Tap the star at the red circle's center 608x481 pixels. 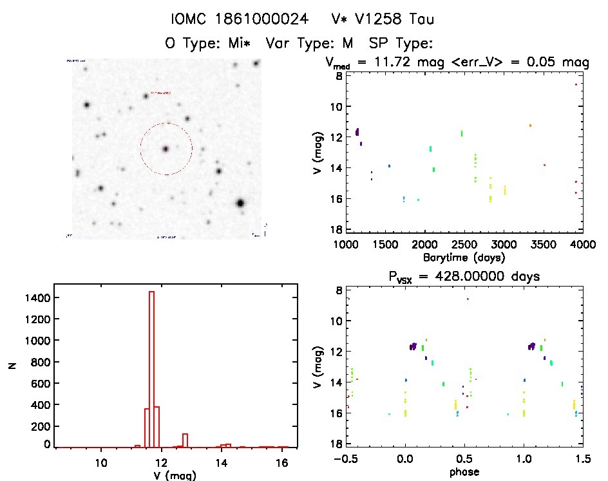(166, 149)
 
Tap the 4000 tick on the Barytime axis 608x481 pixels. (582, 245)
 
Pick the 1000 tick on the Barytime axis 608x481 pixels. (346, 245)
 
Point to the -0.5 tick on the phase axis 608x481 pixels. (346, 460)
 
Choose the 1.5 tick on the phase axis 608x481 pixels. (582, 460)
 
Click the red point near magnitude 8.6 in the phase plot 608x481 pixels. (468, 299)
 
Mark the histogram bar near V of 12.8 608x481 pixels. (185, 440)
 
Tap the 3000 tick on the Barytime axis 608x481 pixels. (504, 245)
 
